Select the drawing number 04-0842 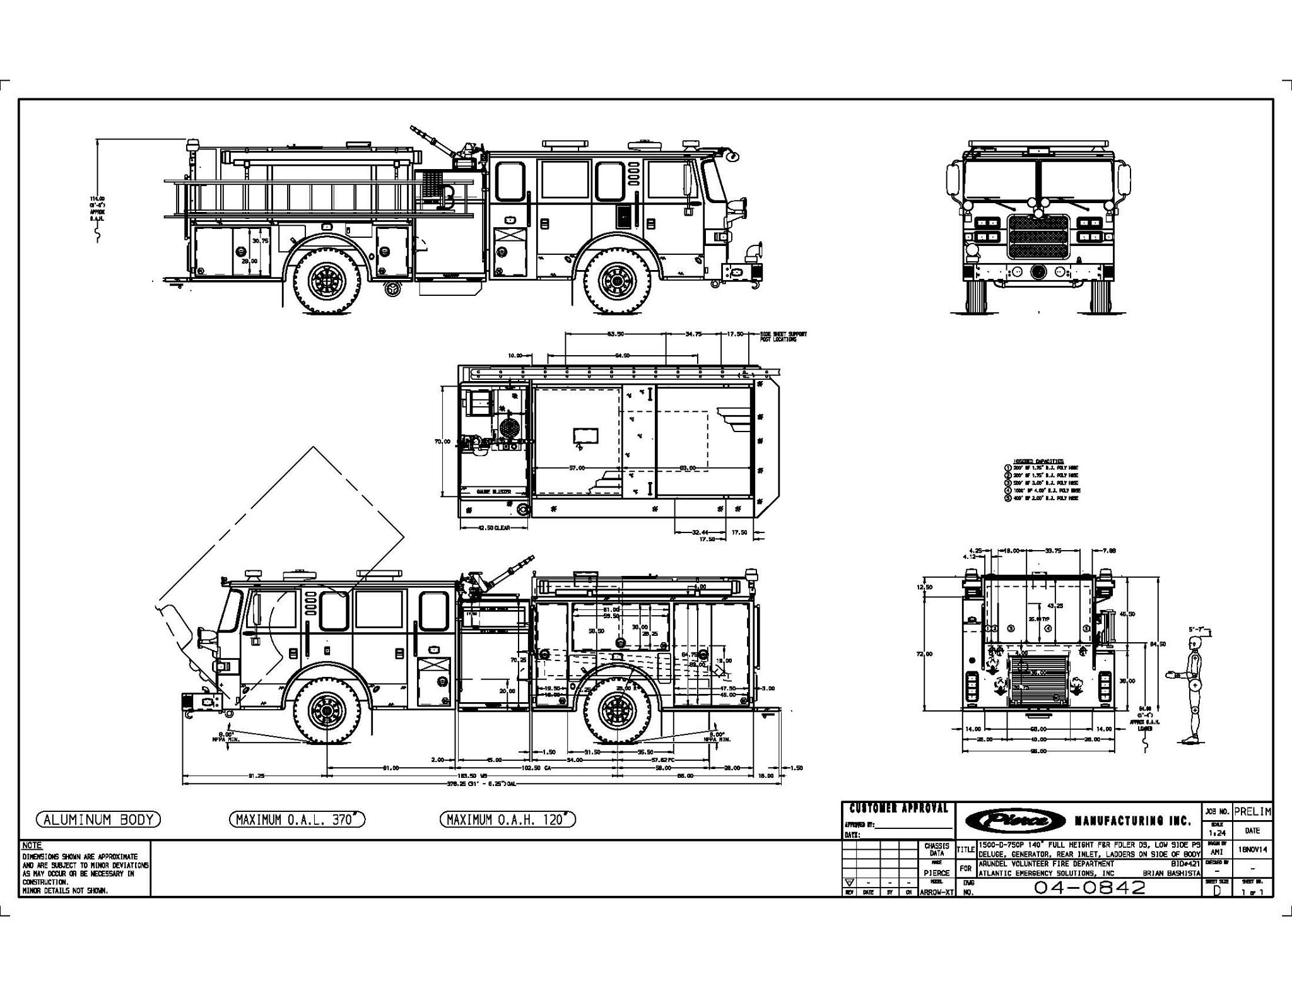pos(1089,887)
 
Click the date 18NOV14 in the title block pos(1252,850)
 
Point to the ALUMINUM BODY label pos(98,819)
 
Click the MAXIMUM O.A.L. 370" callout pos(297,819)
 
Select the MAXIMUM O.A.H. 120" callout pos(508,819)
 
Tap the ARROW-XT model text pos(937,893)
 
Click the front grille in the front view pos(1038,237)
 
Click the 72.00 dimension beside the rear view pos(924,654)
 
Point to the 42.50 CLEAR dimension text pos(494,527)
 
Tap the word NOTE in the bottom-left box pos(32,845)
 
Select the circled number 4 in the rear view pos(1048,628)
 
